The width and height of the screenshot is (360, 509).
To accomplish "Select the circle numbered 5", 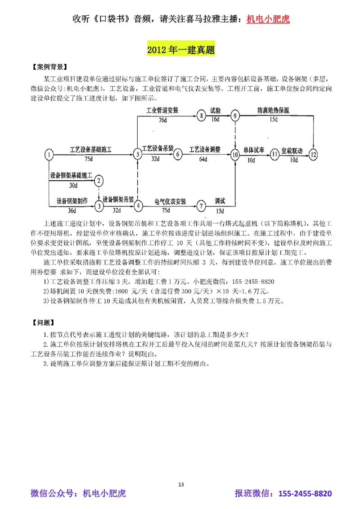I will point(137,154).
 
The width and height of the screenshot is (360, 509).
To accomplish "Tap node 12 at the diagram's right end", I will point(314,154).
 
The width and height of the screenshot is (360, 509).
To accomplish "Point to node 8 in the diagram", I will point(201,116).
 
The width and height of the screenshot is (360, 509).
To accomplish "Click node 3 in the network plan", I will point(99,206).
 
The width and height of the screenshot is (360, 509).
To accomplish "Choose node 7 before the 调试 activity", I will point(201,206).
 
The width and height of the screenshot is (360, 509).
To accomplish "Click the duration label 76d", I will point(163,121).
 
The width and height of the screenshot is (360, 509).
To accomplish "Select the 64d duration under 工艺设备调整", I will point(204,159).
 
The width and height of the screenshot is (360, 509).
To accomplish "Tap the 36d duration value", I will point(72,211).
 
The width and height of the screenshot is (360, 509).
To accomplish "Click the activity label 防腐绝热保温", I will point(273,110).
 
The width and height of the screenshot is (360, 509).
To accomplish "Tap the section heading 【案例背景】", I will point(48,68).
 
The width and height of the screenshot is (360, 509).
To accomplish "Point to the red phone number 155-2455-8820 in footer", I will point(305,494).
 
